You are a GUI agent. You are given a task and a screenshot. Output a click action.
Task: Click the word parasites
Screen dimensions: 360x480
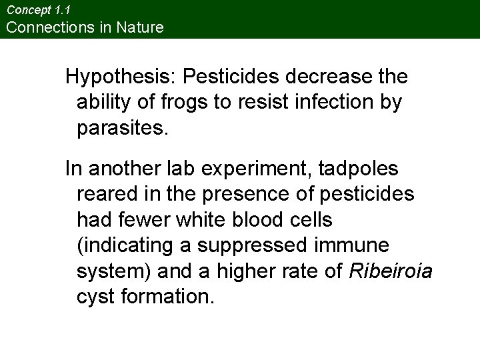coord(124,129)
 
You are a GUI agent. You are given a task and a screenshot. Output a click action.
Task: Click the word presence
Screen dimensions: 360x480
coord(247,194)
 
